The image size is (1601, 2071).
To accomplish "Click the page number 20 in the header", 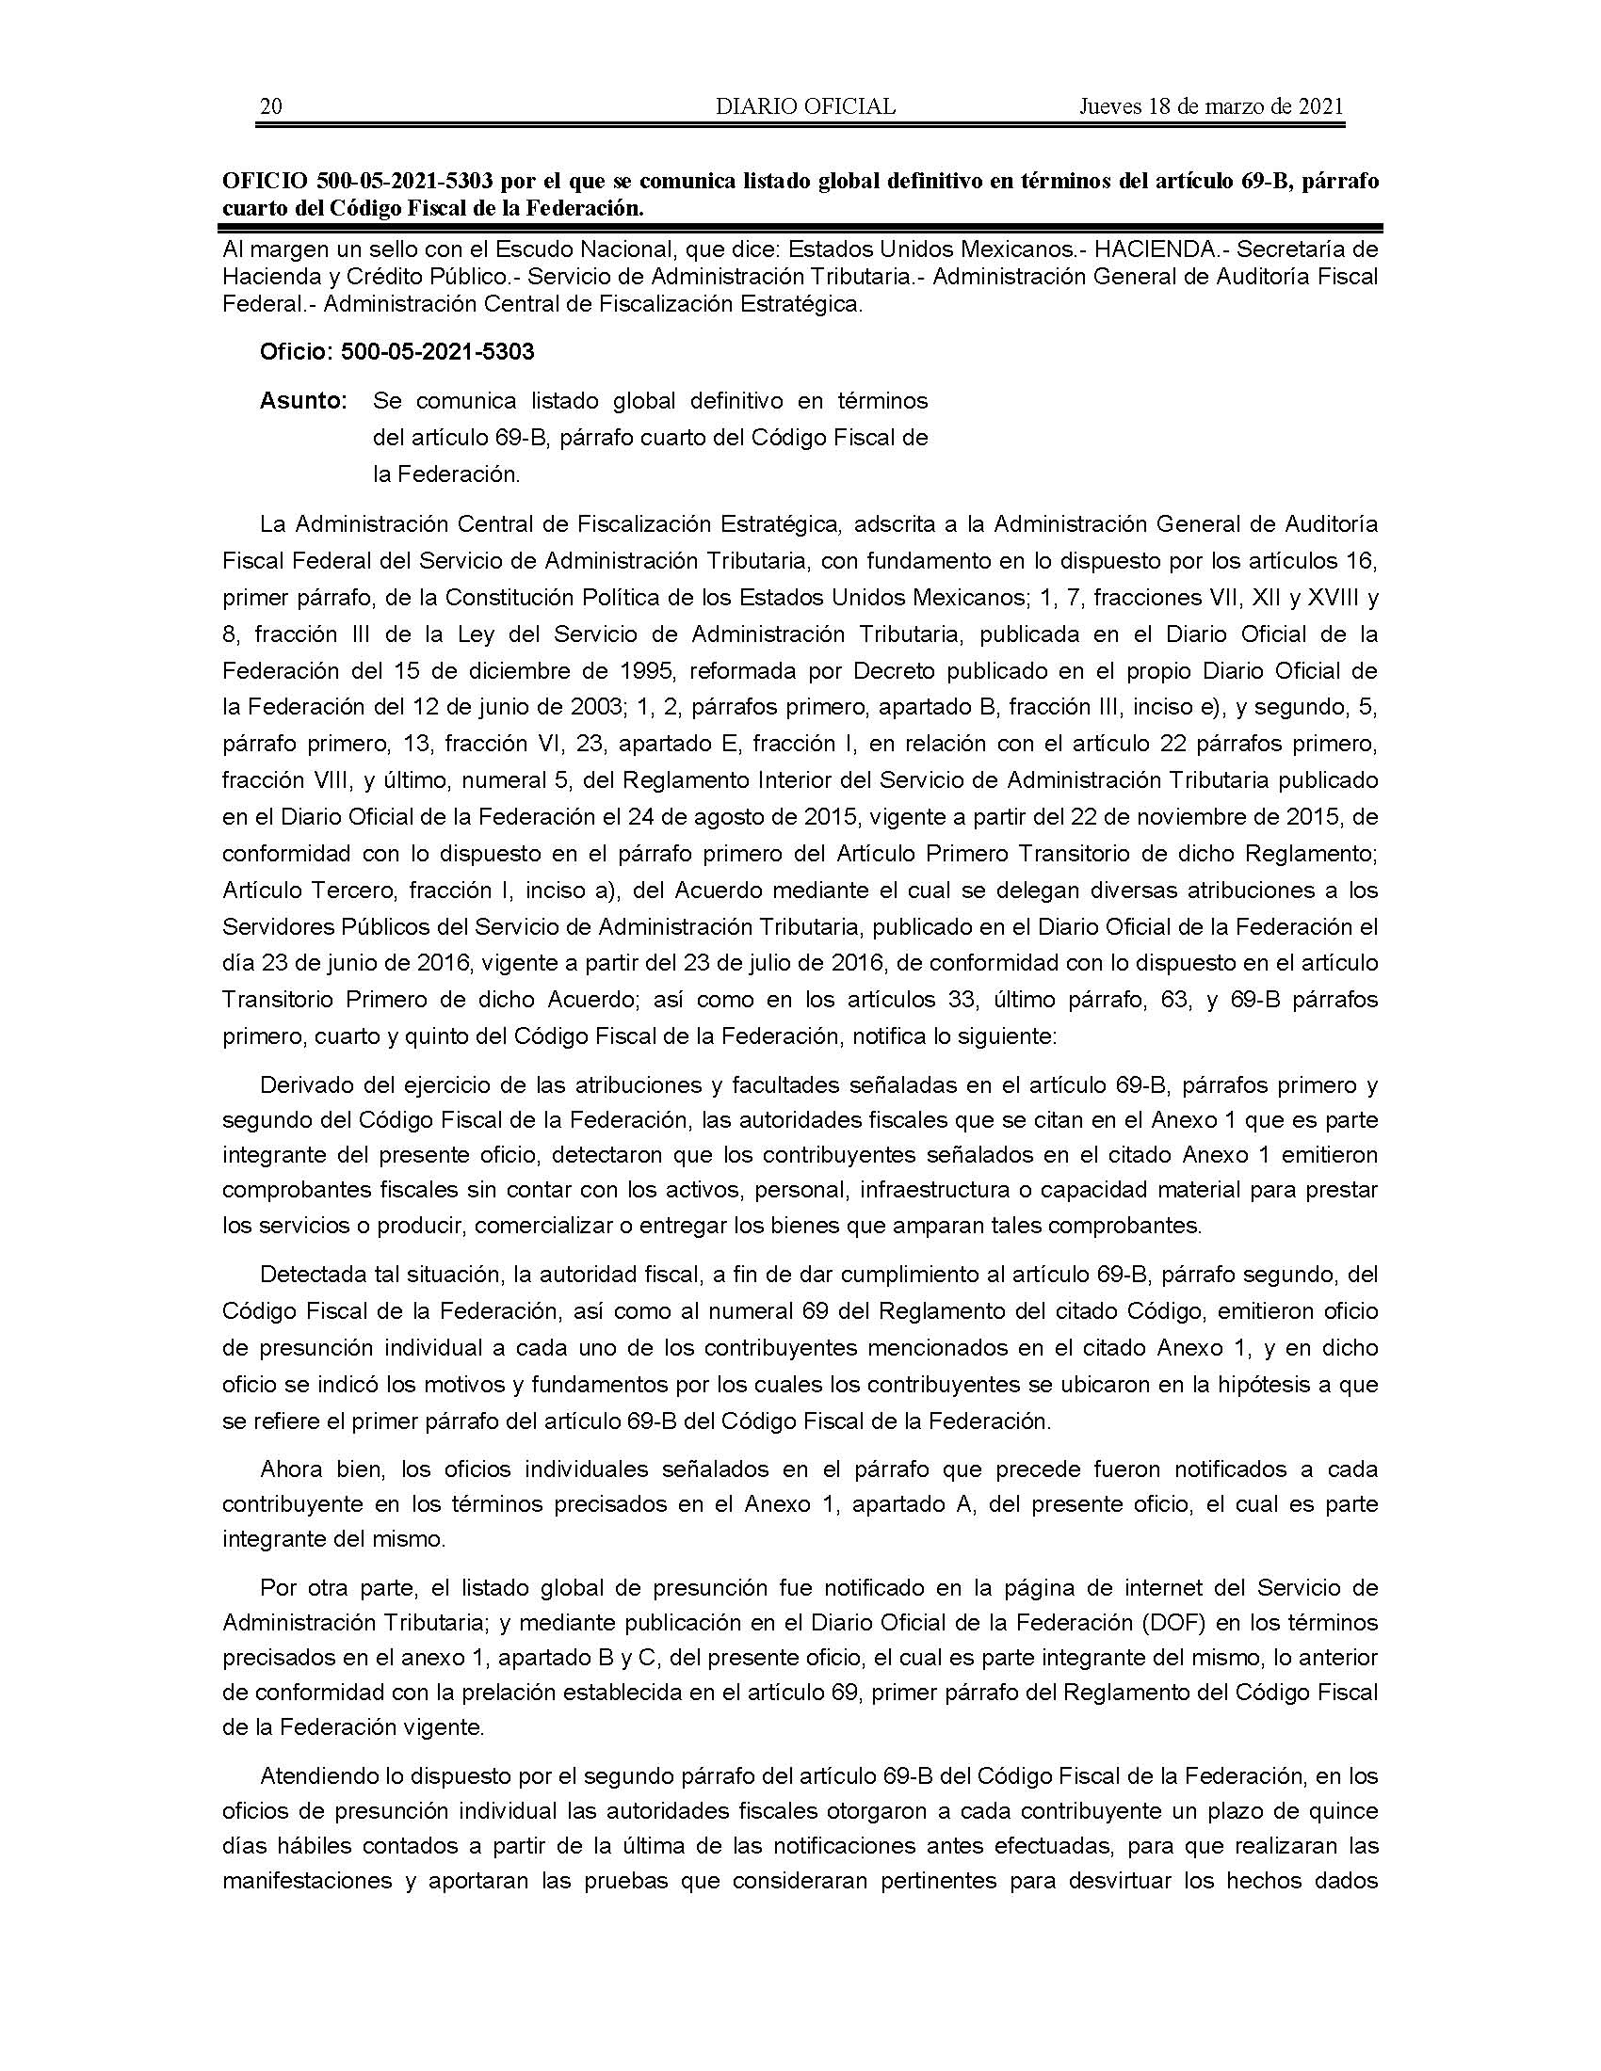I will point(270,106).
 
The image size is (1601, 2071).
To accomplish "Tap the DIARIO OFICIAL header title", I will point(805,106).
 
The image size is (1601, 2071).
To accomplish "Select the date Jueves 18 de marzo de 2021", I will point(1211,106).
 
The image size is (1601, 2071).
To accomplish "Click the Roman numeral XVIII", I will point(1323,599).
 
